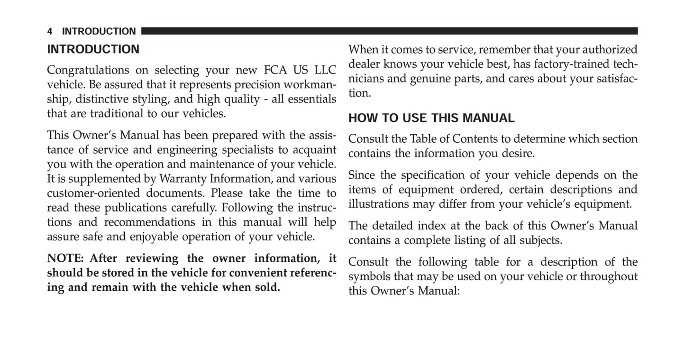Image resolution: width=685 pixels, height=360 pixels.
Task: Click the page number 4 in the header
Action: pyautogui.click(x=50, y=32)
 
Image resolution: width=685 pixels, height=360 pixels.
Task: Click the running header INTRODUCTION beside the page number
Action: pyautogui.click(x=99, y=32)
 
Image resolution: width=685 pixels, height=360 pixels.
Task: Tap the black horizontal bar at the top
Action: pyautogui.click(x=389, y=31)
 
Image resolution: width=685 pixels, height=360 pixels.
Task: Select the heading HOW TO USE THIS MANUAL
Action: pyautogui.click(x=431, y=118)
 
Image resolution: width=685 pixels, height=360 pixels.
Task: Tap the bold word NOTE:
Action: pyautogui.click(x=65, y=258)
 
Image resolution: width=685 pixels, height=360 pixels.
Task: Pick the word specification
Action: pyautogui.click(x=439, y=175)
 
